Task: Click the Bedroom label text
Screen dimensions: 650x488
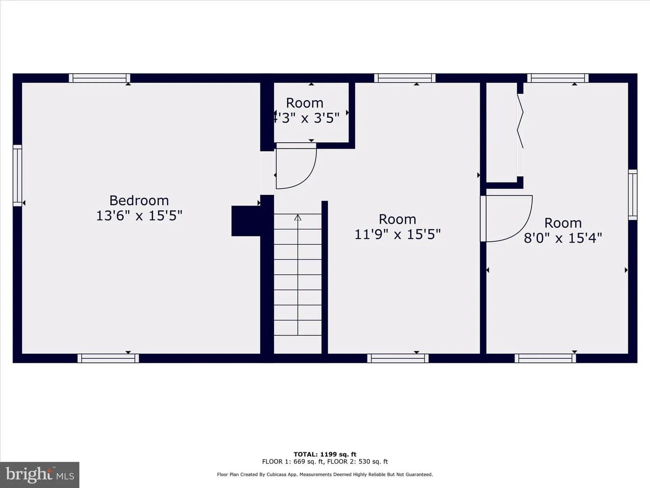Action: [139, 201]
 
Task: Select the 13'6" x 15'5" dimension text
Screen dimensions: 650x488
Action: [139, 216]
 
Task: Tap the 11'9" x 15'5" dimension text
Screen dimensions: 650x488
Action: [397, 234]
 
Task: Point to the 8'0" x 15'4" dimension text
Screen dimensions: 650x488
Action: [563, 238]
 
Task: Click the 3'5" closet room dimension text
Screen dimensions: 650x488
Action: [326, 118]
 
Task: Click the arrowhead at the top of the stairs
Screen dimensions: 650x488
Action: [297, 217]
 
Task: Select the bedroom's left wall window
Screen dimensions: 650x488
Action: [18, 175]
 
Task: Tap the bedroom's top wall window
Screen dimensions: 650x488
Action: [99, 78]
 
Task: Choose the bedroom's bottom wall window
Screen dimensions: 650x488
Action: [108, 358]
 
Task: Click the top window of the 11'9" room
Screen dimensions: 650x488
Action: [405, 78]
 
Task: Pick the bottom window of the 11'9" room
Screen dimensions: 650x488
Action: [398, 358]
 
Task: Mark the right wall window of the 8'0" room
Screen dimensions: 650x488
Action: [632, 195]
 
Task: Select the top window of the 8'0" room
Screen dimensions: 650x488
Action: [558, 78]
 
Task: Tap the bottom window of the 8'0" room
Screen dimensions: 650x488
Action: [545, 358]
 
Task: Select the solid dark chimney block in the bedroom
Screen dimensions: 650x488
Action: [246, 221]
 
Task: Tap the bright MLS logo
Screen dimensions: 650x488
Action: [40, 474]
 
